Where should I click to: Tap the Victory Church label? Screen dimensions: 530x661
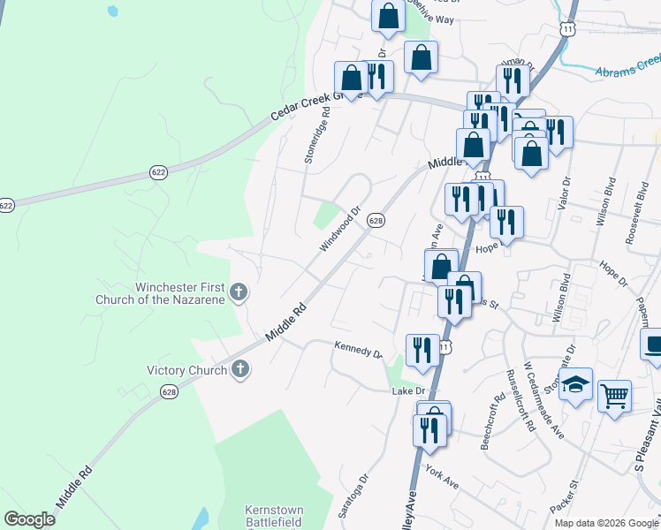coord(186,370)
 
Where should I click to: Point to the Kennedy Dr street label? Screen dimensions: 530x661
coord(358,350)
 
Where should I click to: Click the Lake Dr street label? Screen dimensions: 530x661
coord(408,390)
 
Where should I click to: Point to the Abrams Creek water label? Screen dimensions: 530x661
coord(627,65)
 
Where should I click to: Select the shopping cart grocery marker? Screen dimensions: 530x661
coord(614,395)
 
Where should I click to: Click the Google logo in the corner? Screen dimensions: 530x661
coord(30,519)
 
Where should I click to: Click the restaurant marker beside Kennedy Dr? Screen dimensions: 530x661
coord(422,350)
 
